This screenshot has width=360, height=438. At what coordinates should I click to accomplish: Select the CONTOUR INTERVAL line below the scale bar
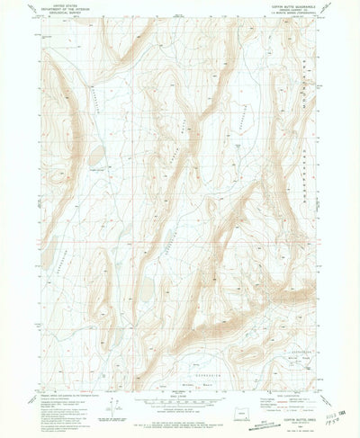180,407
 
